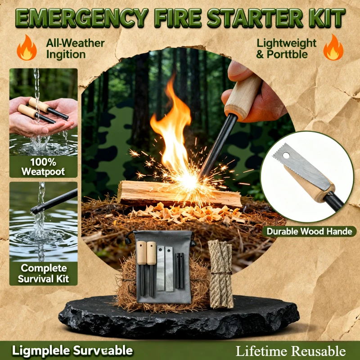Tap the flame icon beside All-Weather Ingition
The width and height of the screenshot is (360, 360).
(x=27, y=49)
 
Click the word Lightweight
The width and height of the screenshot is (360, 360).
(x=287, y=43)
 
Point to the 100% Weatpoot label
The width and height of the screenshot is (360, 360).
(x=43, y=166)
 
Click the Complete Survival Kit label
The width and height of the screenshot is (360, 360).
(x=43, y=274)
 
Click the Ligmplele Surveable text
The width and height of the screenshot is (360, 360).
(x=72, y=351)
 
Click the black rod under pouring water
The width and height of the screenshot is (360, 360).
(x=52, y=202)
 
